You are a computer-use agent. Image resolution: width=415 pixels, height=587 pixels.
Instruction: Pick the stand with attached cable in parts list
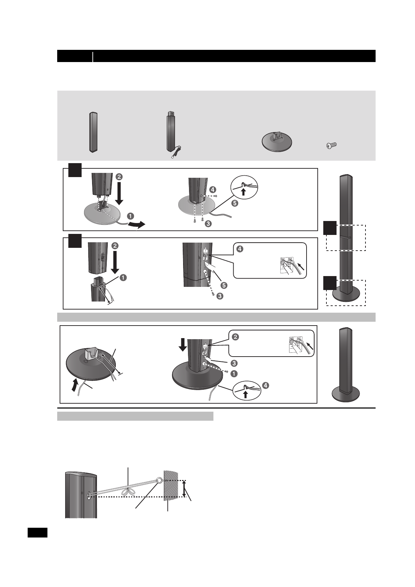click(x=171, y=134)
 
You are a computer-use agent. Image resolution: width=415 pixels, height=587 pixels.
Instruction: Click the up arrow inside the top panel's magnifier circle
click(x=244, y=192)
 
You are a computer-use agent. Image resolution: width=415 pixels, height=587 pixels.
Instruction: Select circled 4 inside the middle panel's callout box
click(x=240, y=250)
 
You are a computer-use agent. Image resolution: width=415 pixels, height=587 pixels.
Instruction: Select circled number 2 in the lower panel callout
click(x=235, y=337)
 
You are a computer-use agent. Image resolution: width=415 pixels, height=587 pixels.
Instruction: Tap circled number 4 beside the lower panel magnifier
click(x=266, y=386)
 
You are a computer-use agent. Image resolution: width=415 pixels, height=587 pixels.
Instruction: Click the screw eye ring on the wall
click(x=159, y=481)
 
